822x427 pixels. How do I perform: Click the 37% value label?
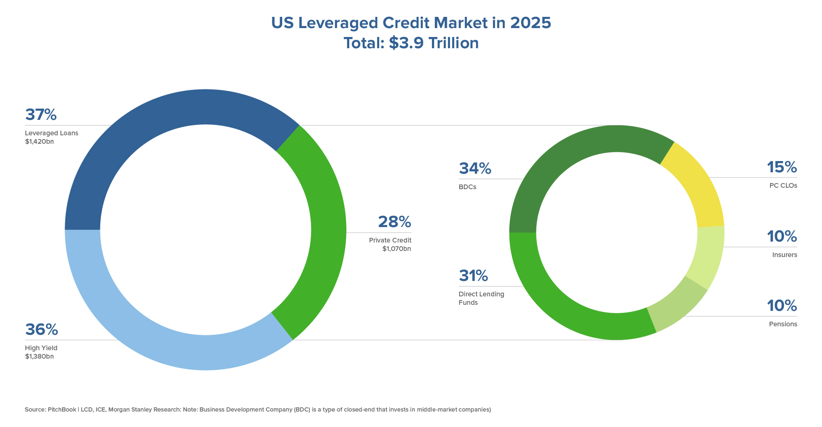pos(41,115)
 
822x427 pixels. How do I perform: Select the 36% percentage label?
pos(41,330)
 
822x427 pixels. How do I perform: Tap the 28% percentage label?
pos(394,222)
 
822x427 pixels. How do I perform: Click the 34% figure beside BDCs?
pos(475,169)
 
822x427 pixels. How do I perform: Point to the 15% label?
pos(782,167)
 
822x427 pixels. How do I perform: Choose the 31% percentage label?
pos(473,276)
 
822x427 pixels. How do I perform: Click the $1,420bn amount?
pos(39,141)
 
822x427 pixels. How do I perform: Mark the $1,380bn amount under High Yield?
pos(39,356)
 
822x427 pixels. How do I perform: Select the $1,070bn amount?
pos(396,249)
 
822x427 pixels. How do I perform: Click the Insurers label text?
pos(785,255)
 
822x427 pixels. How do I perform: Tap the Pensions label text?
pos(783,324)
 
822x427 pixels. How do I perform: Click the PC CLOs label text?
pos(783,185)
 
